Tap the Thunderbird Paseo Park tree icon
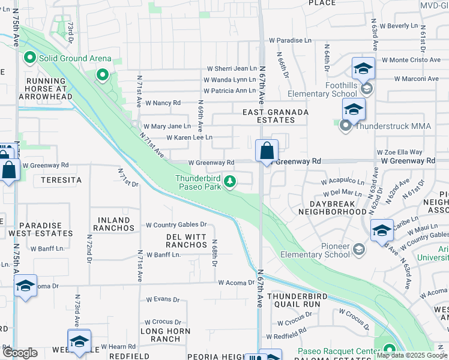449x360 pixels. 229,181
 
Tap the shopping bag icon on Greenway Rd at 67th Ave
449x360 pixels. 267,151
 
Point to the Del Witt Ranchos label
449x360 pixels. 187,241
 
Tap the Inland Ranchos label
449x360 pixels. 114,224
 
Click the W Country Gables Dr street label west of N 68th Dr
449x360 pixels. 176,225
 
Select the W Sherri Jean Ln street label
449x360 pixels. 232,69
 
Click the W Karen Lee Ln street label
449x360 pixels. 189,137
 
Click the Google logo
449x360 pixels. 20,353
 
